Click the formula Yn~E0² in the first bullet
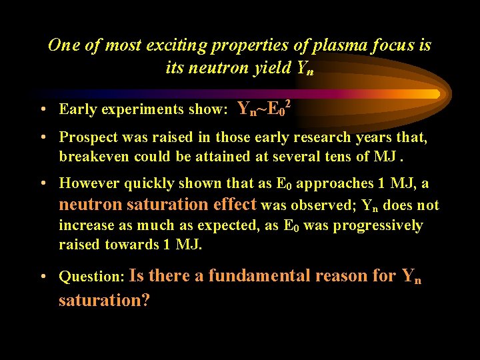(264, 108)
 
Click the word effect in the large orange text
(233, 205)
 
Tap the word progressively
(377, 225)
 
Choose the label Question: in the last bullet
(90, 276)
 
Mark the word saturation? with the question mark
(104, 300)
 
